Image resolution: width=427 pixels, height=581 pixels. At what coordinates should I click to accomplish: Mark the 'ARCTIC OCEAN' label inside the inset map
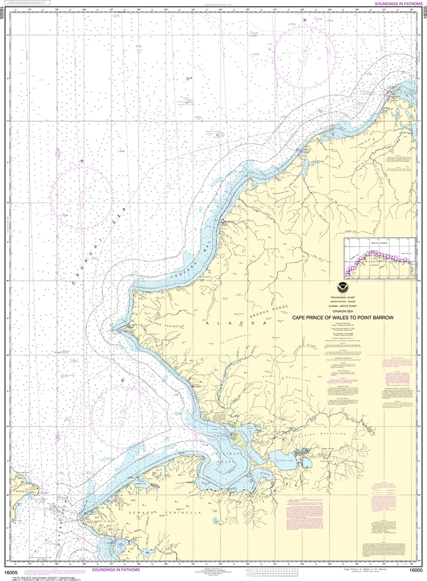[x=372, y=243]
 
